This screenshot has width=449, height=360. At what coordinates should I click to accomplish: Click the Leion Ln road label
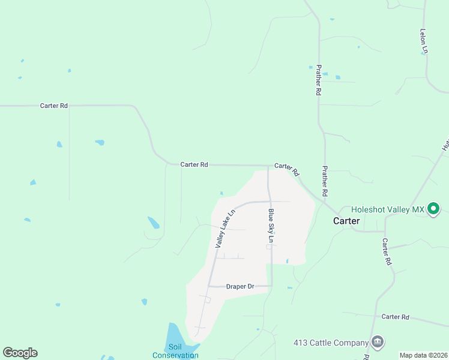(x=424, y=41)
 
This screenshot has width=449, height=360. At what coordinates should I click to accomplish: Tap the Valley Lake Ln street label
(x=224, y=229)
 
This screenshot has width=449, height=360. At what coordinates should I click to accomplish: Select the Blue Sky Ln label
(x=271, y=226)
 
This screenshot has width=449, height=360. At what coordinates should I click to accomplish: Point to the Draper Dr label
(x=241, y=286)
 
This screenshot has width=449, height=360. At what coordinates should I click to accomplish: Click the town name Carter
(x=346, y=221)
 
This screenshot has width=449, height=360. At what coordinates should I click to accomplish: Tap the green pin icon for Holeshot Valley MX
(x=433, y=209)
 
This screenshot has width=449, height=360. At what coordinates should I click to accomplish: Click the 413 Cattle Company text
(x=331, y=343)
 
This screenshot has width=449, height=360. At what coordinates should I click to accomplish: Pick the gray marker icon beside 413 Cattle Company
(x=377, y=343)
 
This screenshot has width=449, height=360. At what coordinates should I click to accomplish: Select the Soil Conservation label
(x=175, y=351)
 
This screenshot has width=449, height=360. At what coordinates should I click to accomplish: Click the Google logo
(x=20, y=353)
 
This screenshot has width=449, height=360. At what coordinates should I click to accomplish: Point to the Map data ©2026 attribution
(x=423, y=355)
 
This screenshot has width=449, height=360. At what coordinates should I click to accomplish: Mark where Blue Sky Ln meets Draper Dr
(x=272, y=286)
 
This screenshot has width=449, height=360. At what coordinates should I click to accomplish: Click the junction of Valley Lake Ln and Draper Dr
(x=209, y=286)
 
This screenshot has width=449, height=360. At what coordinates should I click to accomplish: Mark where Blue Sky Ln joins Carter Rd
(x=268, y=166)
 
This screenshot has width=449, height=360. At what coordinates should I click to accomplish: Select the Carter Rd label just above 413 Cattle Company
(x=395, y=316)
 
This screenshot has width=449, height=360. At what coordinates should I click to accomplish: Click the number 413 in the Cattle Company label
(x=300, y=343)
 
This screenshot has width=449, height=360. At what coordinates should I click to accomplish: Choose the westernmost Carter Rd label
(x=54, y=106)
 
